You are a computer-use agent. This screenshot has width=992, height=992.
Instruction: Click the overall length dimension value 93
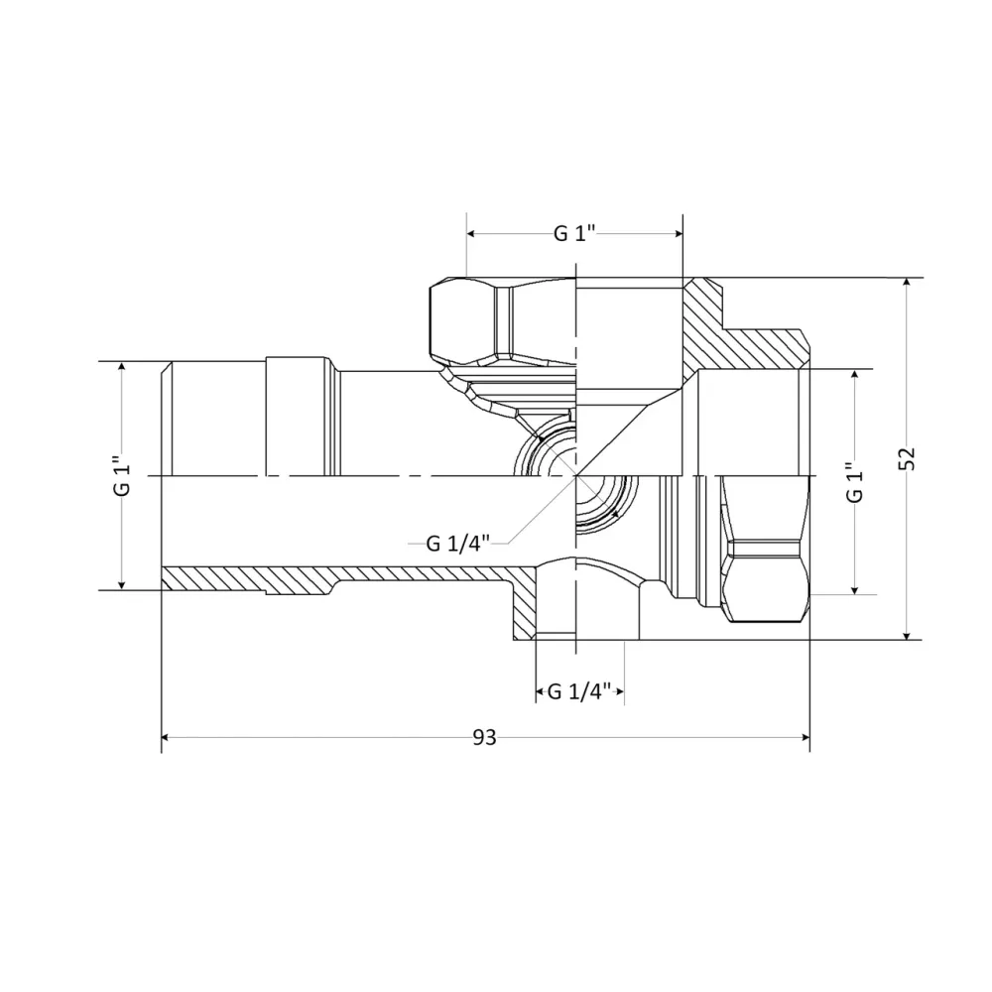pyautogui.click(x=484, y=738)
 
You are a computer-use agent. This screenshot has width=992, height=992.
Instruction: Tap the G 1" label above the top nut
pyautogui.click(x=573, y=234)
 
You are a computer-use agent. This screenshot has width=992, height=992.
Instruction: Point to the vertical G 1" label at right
pyautogui.click(x=855, y=482)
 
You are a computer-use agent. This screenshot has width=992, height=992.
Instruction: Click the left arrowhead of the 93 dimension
pyautogui.click(x=168, y=738)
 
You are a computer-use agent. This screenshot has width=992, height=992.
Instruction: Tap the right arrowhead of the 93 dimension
pyautogui.click(x=804, y=738)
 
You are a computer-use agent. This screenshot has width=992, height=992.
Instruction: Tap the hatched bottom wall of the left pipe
pyautogui.click(x=347, y=576)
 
